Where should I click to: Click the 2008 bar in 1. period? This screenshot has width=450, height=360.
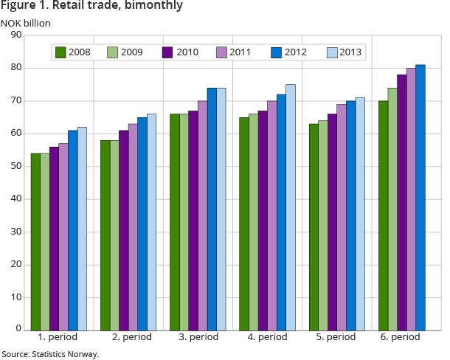[x=35, y=241]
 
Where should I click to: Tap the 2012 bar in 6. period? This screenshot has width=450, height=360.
[x=420, y=197]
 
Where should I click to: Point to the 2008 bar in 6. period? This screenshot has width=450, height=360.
[x=383, y=215]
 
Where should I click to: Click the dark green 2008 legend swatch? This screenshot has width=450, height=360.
[x=62, y=52]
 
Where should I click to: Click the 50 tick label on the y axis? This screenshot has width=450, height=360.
[x=16, y=166]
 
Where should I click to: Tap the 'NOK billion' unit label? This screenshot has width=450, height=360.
[x=25, y=22]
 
